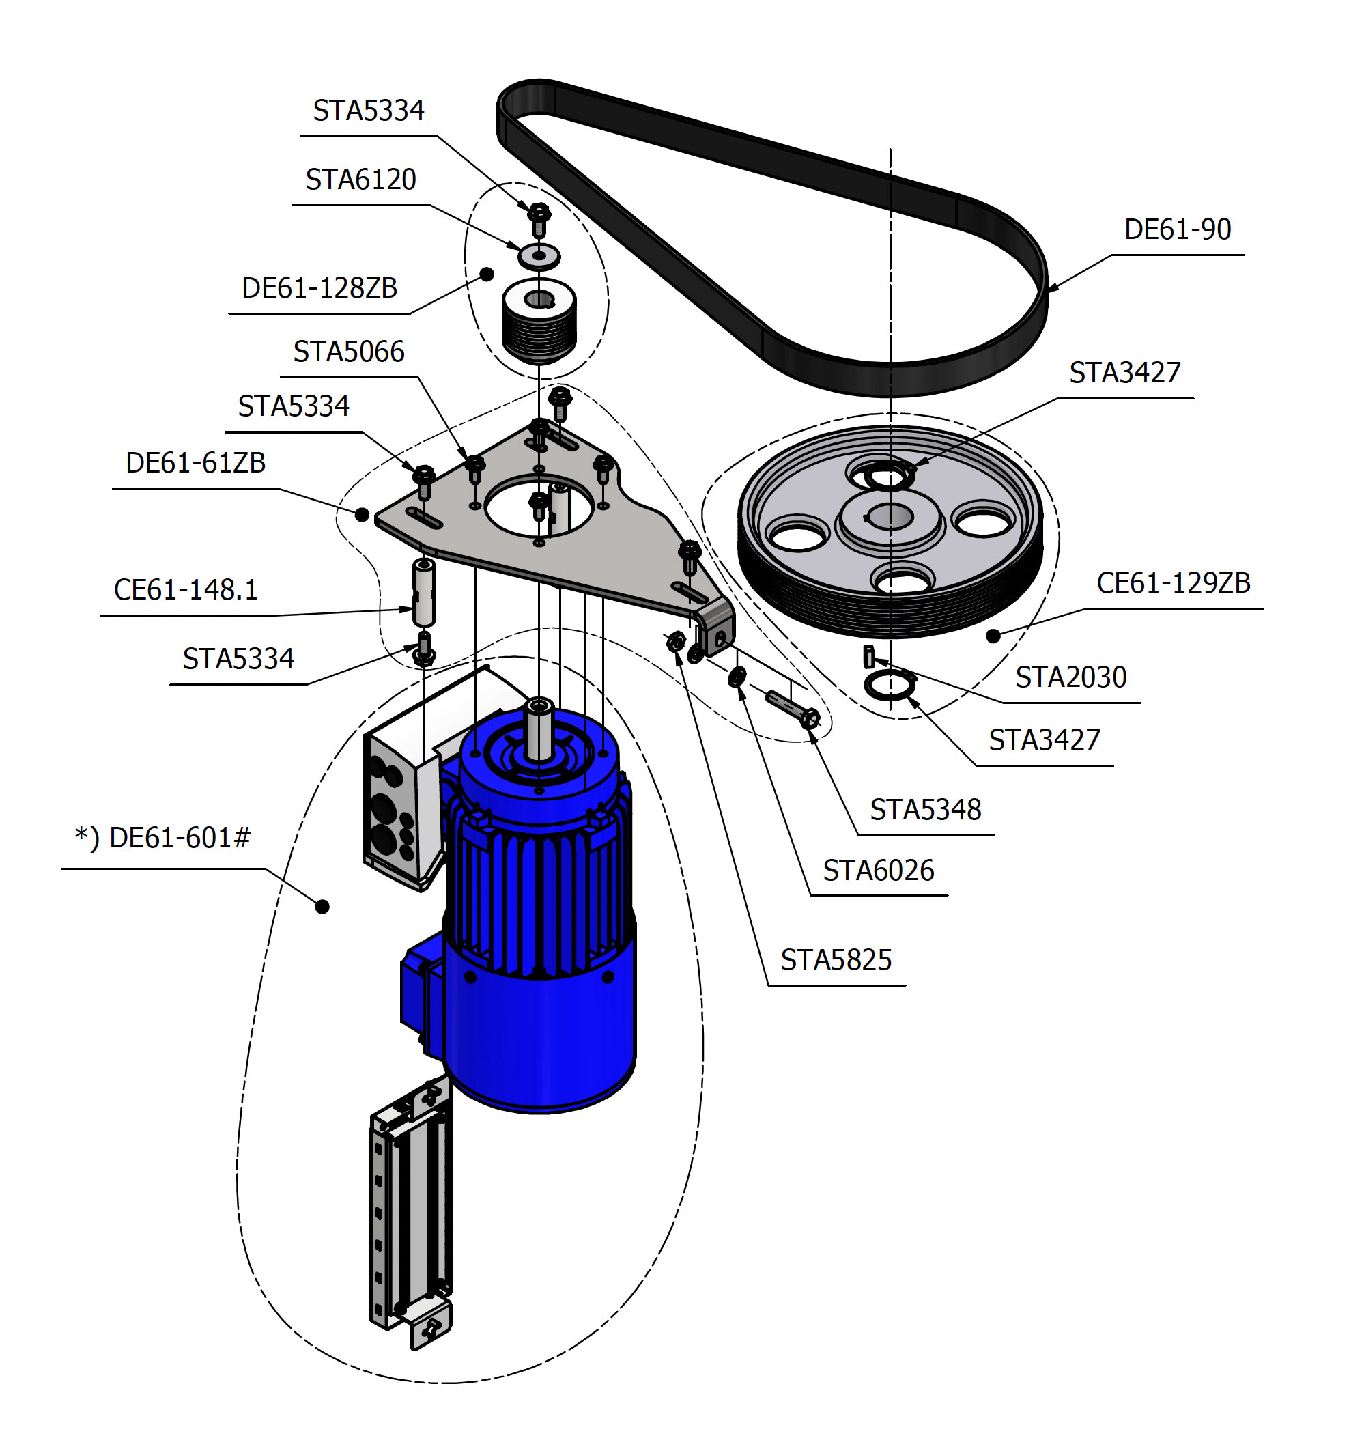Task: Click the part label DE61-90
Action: [1176, 230]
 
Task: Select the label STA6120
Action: [360, 180]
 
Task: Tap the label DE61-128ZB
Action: [319, 289]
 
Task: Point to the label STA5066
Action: [348, 352]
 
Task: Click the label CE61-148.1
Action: [186, 590]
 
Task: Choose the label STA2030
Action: [1070, 678]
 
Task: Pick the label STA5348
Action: [925, 810]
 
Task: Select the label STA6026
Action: [877, 871]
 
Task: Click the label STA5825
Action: [836, 961]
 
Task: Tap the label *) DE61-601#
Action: [162, 838]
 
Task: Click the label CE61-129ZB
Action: [1173, 583]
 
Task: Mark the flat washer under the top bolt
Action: [539, 256]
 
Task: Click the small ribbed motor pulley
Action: [539, 324]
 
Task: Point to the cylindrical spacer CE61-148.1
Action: [424, 593]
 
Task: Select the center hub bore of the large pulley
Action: [890, 517]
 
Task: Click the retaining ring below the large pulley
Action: [890, 685]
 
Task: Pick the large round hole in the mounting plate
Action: [539, 505]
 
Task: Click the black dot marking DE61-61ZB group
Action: [362, 515]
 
